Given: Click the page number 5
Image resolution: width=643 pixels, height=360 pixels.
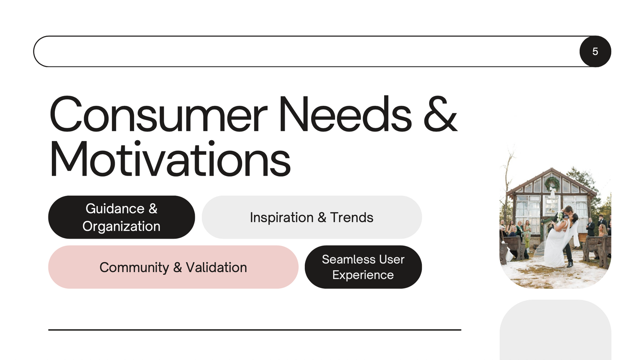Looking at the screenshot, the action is [595, 51].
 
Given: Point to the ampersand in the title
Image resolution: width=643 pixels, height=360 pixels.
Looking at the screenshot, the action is [440, 114].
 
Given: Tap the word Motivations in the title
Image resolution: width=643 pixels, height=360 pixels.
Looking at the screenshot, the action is [170, 159].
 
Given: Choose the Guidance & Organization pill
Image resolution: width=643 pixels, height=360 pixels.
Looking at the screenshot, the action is [121, 217].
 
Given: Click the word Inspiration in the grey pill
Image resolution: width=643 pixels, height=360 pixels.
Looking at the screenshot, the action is [282, 217].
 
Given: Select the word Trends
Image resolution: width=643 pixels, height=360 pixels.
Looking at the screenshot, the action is [352, 217].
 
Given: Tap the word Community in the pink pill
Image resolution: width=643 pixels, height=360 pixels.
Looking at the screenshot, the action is [134, 267].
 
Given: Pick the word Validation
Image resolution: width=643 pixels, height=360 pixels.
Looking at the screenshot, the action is [216, 267].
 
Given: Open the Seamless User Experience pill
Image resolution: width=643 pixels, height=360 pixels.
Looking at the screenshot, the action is [363, 267].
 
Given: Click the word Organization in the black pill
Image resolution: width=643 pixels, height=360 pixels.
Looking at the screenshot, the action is [121, 227].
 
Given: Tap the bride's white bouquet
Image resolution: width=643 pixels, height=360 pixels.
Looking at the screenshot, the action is [560, 216].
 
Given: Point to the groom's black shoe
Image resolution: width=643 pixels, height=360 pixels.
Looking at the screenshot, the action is [570, 264].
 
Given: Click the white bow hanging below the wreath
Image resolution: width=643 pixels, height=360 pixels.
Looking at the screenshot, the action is [552, 192].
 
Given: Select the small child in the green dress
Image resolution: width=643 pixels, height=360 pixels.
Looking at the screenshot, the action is [527, 243].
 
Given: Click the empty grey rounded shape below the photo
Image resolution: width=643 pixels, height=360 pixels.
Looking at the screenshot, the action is [556, 330].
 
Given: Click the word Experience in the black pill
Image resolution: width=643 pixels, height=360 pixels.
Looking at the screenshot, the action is [363, 275].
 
